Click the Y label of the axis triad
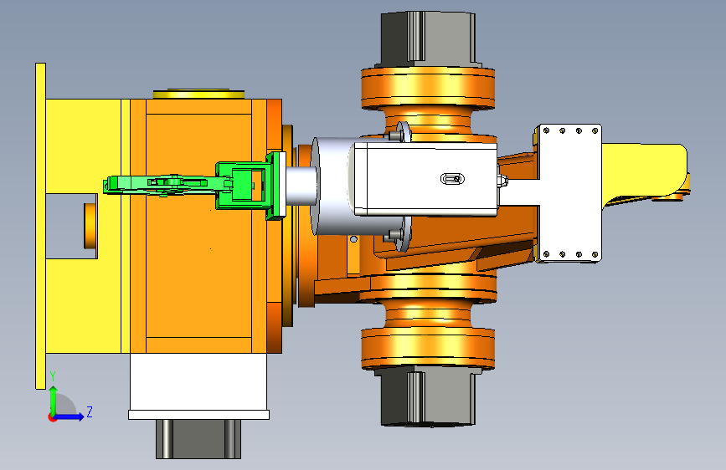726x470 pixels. (54, 376)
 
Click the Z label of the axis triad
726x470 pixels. (90, 411)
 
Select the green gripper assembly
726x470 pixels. (194, 184)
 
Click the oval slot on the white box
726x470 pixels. (452, 179)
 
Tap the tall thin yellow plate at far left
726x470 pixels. (41, 226)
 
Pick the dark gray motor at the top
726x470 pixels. (428, 38)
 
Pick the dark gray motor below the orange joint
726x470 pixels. (428, 396)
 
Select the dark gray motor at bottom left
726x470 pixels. (198, 438)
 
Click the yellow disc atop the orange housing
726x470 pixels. (198, 94)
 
